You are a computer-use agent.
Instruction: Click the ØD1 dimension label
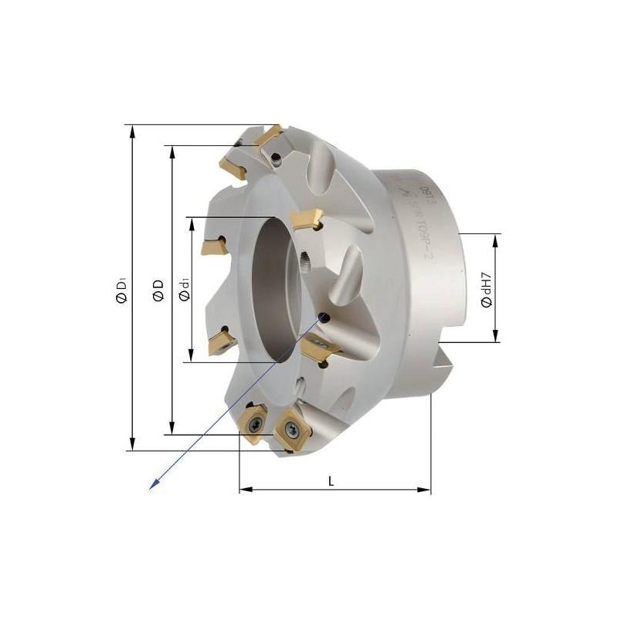point(121,288)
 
